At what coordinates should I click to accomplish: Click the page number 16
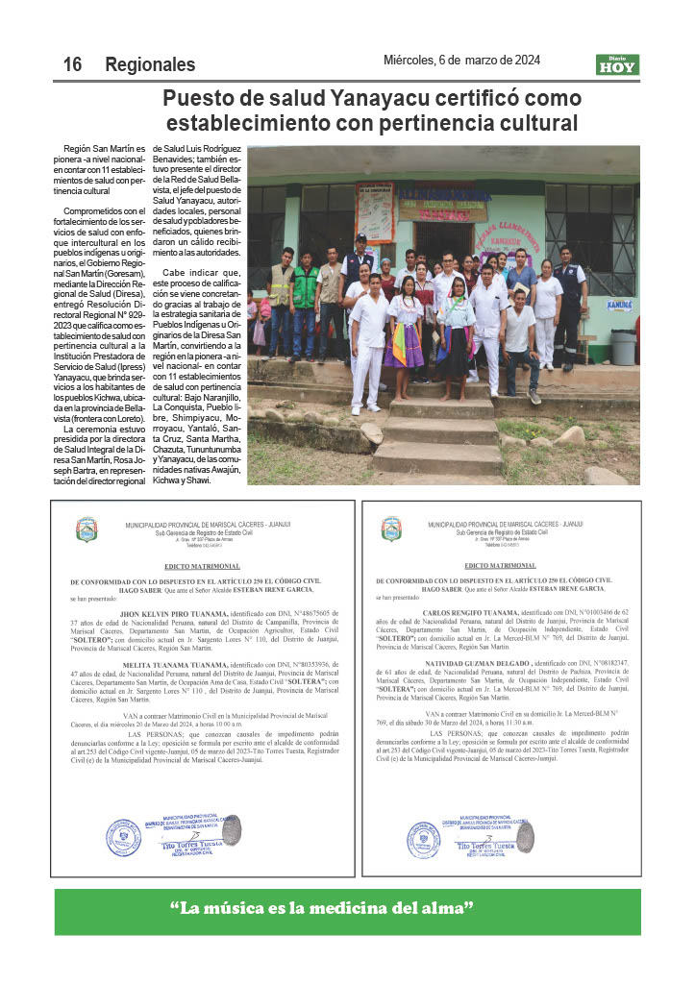[72, 64]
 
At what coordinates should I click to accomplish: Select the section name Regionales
[150, 64]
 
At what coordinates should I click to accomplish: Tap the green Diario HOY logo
[617, 64]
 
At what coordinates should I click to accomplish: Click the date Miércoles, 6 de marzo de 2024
[461, 60]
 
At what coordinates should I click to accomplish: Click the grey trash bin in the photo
[623, 347]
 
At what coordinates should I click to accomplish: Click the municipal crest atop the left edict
[87, 529]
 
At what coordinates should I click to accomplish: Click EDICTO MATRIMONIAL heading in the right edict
[500, 566]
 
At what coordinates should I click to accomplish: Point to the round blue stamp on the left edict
[124, 838]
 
